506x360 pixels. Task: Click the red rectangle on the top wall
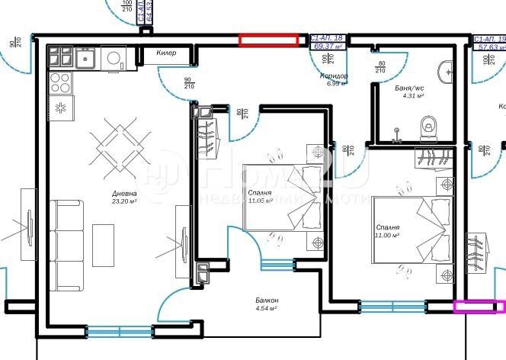click(268, 40)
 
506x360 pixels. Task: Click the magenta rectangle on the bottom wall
click(479, 307)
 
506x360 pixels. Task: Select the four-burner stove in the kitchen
click(59, 82)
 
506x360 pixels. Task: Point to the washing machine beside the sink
click(115, 57)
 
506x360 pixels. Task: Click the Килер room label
click(166, 53)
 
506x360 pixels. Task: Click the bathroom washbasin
click(448, 73)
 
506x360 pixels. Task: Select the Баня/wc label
click(409, 88)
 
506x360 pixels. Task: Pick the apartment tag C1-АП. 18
click(328, 37)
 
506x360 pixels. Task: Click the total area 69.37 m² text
click(328, 46)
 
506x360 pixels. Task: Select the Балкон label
click(266, 301)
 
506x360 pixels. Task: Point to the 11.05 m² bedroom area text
click(261, 201)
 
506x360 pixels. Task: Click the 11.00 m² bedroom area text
click(389, 236)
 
